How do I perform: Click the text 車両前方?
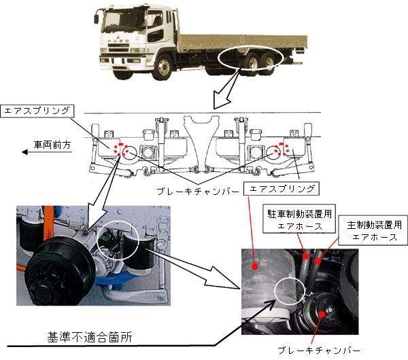click(54, 144)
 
